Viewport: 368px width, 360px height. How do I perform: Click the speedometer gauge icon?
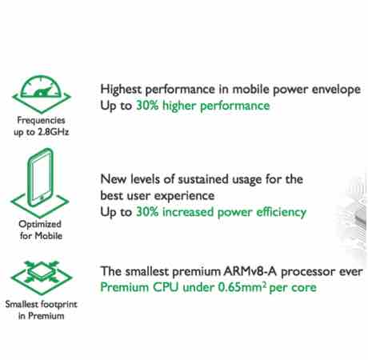click(42, 94)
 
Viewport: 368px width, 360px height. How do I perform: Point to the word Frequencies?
click(41, 121)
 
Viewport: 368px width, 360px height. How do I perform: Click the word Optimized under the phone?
click(40, 225)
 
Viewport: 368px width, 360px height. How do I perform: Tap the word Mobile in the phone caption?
click(49, 236)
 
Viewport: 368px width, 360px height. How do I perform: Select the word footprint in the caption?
click(59, 304)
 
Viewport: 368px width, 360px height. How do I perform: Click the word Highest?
click(121, 90)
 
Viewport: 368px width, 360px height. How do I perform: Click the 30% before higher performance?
click(147, 106)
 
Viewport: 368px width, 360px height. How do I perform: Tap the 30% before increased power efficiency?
click(147, 212)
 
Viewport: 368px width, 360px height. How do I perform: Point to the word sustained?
click(203, 179)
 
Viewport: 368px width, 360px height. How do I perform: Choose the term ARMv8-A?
click(250, 272)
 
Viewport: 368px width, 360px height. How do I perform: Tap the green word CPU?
click(166, 287)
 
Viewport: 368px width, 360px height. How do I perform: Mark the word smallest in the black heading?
click(147, 272)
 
